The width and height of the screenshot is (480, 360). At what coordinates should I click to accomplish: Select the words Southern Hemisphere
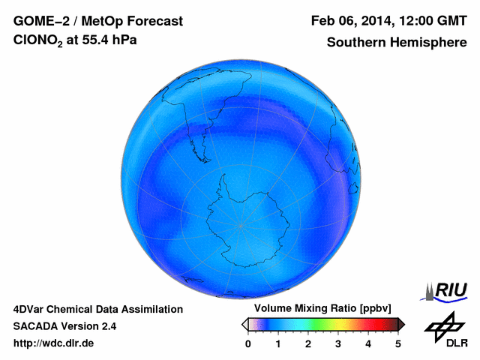tap(397, 43)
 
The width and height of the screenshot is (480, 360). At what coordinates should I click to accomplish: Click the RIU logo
tap(445, 289)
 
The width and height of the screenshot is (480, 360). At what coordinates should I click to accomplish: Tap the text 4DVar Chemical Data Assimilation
tap(97, 309)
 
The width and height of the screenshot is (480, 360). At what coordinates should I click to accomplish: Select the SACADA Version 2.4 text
tap(64, 326)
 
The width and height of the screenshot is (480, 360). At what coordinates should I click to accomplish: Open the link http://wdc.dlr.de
tap(54, 343)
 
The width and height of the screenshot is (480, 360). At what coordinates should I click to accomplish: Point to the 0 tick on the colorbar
tap(248, 343)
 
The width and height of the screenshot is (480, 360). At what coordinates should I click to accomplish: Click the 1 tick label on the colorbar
tap(278, 343)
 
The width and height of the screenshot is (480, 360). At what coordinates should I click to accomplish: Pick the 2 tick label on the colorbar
tap(308, 343)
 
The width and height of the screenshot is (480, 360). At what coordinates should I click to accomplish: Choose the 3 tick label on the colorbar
tap(338, 343)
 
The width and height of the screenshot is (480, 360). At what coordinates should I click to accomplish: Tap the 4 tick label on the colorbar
tap(368, 343)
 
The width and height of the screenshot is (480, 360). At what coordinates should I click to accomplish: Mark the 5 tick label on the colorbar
tap(398, 343)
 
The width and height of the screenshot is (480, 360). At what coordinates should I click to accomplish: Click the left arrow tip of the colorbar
tap(244, 324)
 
